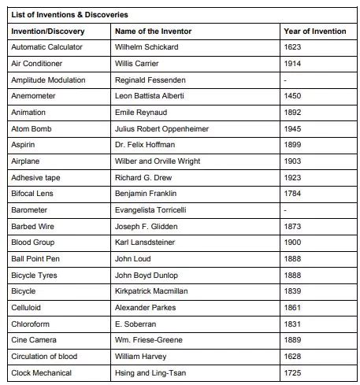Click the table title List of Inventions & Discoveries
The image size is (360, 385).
tap(69, 14)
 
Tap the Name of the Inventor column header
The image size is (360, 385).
tap(153, 31)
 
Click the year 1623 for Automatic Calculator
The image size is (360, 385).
tap(292, 47)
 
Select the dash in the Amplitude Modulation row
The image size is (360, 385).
tap(285, 80)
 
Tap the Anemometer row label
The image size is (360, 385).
tap(34, 96)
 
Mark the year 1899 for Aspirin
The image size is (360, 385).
tap(292, 145)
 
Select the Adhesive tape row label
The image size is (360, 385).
tap(35, 178)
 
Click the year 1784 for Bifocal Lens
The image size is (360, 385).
tap(292, 194)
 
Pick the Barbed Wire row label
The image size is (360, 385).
tap(34, 227)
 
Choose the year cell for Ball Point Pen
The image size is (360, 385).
tap(292, 259)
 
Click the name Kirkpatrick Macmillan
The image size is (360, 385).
tap(155, 291)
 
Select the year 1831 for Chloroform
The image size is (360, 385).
tap(292, 324)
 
